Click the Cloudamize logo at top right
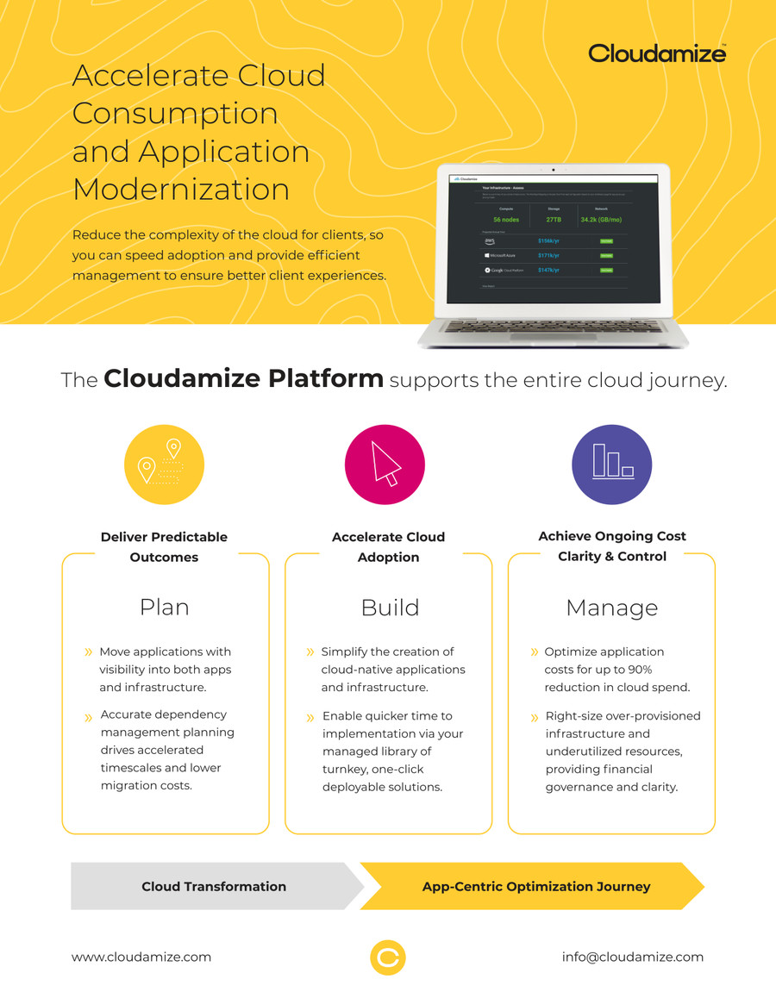[x=657, y=53]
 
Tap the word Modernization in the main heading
[x=181, y=189]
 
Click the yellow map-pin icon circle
[x=164, y=465]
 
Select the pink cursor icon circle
[x=384, y=465]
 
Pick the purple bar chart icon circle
[x=611, y=465]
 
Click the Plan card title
[x=164, y=608]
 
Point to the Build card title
[x=390, y=608]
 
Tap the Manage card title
[x=611, y=608]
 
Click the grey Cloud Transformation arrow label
[x=214, y=886]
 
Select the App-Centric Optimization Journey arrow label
[x=536, y=886]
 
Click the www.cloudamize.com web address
[x=141, y=957]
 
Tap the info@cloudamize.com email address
[x=632, y=957]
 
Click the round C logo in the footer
[x=388, y=957]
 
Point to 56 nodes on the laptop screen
[x=505, y=220]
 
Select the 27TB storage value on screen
[x=554, y=220]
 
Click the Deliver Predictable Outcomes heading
[x=164, y=546]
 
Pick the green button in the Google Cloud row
[x=606, y=271]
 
